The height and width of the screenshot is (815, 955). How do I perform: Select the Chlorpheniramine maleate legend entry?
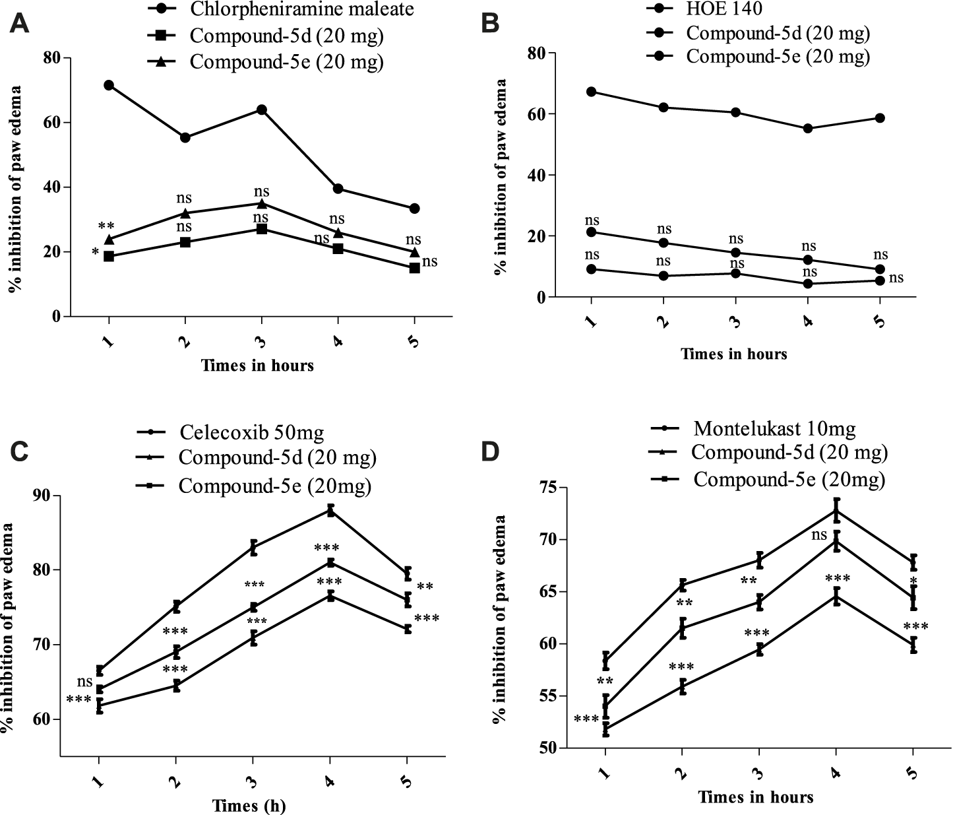click(x=301, y=9)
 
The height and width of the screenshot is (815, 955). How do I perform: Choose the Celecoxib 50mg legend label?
click(x=251, y=433)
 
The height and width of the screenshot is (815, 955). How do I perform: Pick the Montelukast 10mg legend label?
click(x=774, y=429)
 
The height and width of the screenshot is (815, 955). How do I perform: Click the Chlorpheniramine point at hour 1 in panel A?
click(x=109, y=85)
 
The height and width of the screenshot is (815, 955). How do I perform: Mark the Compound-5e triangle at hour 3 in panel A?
click(x=262, y=203)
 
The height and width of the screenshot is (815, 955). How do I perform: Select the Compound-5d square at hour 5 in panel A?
click(x=414, y=268)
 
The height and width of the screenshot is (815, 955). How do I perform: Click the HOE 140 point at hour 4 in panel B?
click(x=808, y=129)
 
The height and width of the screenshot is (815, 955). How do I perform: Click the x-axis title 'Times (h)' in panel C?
click(x=249, y=806)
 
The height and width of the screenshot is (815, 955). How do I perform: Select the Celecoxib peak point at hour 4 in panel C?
click(x=330, y=510)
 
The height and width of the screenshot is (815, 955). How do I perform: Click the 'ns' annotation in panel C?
click(x=84, y=682)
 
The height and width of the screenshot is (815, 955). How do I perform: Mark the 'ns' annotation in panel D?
click(x=818, y=535)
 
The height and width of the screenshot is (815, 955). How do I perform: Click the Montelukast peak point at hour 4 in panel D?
click(x=836, y=510)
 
